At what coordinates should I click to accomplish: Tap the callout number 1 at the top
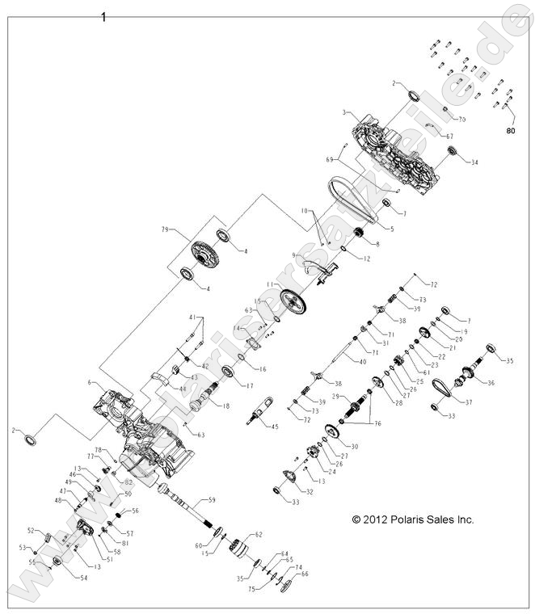point(103,15)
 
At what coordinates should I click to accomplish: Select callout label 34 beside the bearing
point(474,162)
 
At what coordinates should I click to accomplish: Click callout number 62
point(259,534)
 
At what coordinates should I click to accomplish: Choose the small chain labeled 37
point(440,389)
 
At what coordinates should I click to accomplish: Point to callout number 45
point(276,427)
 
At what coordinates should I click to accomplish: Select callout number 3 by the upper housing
point(343,111)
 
